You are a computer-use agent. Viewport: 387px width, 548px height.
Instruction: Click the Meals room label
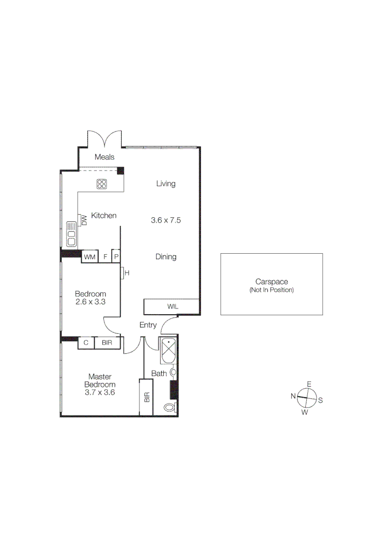coord(104,157)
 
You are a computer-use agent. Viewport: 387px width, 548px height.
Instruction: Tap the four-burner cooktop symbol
coord(101,184)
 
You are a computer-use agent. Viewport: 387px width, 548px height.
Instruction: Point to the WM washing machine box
coord(90,257)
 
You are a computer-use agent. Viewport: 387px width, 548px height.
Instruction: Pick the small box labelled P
coord(116,257)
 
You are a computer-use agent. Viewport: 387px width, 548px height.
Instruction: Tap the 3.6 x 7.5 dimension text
coord(166,220)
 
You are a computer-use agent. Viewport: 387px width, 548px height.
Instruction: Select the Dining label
coord(166,257)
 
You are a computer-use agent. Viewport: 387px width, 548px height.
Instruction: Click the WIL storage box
coord(172,307)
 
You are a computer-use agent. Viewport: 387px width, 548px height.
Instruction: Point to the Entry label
coord(148,325)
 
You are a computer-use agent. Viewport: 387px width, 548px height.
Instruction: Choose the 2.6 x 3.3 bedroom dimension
coord(90,302)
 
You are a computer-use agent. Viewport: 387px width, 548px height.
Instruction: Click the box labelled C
coord(86,343)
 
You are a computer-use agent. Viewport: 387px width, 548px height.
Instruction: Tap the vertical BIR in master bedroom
coord(147,397)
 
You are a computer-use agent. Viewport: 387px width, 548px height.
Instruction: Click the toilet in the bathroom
coord(170,407)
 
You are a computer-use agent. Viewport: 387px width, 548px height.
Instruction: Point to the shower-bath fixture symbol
coord(168,350)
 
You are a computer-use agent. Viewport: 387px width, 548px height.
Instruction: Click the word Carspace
coord(271,282)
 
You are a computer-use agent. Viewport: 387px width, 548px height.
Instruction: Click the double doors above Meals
coord(104,139)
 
